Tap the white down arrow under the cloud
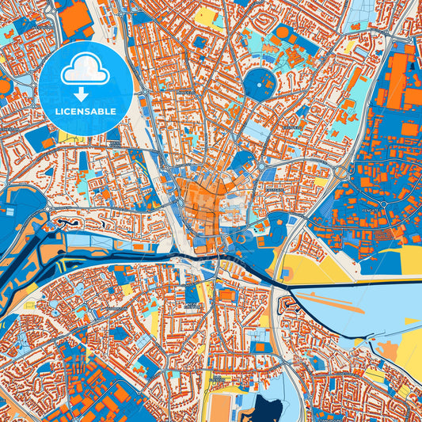point(81,94)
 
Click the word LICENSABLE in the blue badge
point(86,111)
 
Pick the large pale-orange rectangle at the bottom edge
point(222,407)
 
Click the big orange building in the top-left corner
point(75,19)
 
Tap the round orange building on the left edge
point(4,86)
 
